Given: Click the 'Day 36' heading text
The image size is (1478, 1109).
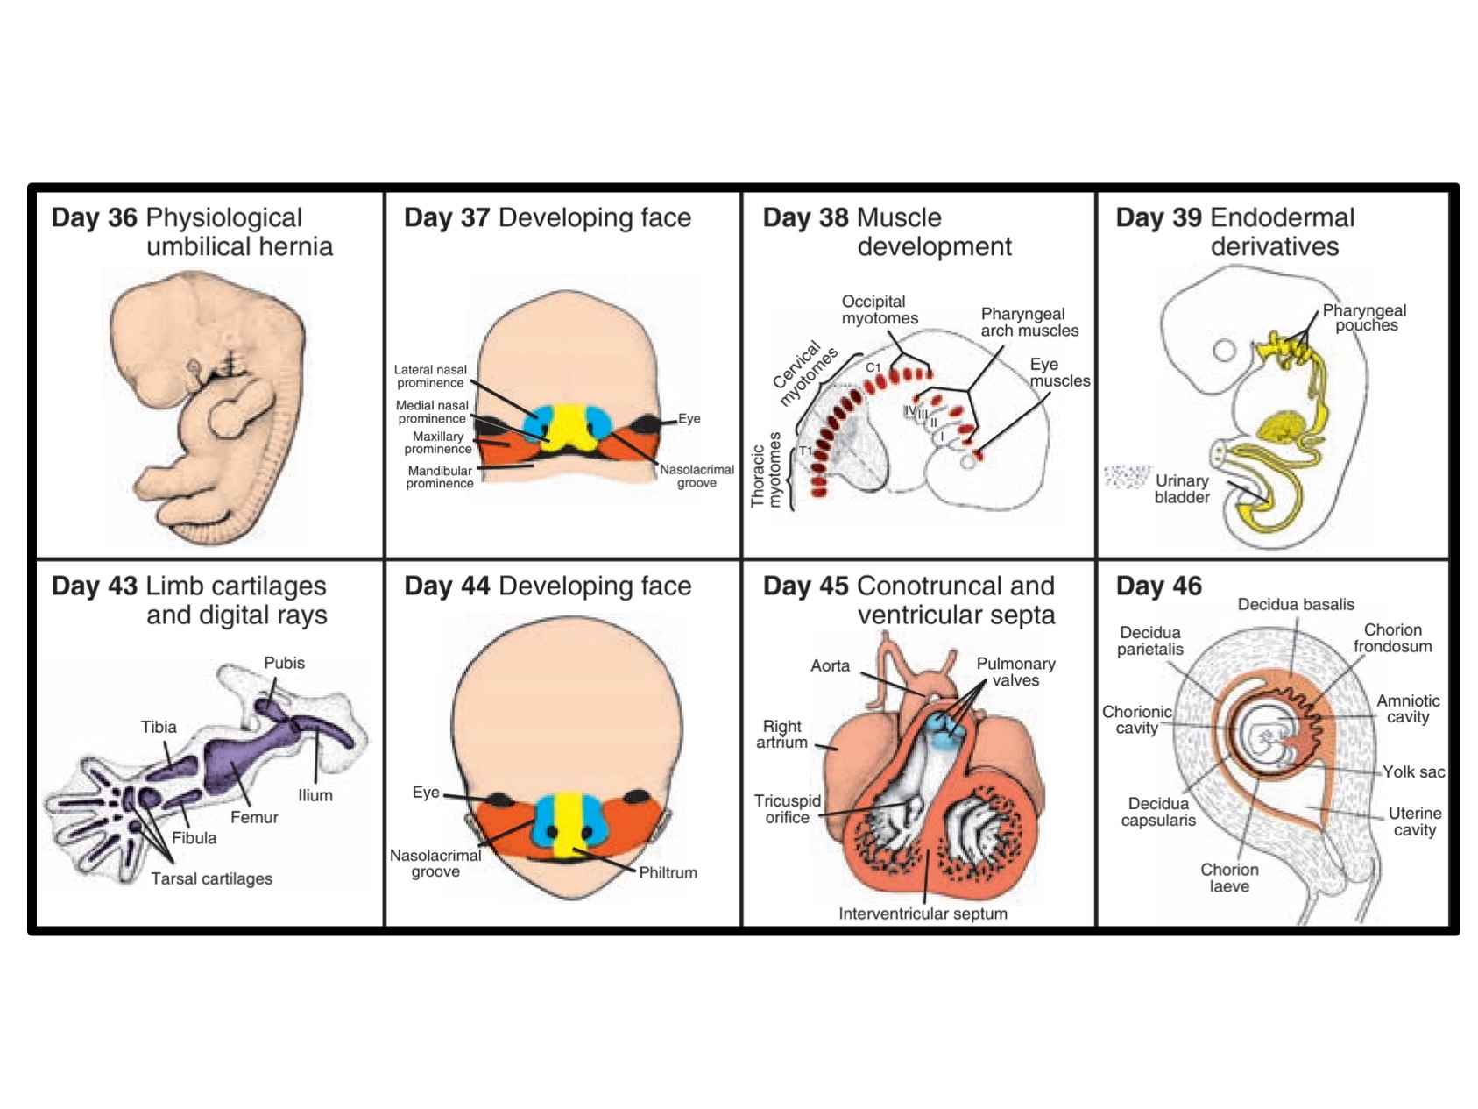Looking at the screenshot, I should (94, 217).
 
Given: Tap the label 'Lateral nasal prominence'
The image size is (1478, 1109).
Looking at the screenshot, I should (430, 376).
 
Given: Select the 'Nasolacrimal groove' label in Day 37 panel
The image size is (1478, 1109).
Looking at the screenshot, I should (697, 476).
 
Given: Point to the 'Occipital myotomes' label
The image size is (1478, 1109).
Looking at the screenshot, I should (880, 309).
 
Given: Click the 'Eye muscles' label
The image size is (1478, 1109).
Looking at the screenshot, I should (1059, 373).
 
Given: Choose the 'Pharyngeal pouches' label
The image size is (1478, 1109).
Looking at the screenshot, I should (1364, 317).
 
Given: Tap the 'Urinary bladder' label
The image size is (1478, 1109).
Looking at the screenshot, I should (1182, 489).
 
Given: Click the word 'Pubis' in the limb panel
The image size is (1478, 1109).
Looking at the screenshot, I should (284, 663).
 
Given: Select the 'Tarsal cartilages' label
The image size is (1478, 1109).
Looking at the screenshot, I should (211, 878).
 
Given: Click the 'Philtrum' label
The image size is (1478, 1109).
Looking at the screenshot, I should (668, 872).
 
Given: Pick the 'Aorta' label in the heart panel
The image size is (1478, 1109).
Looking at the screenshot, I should (830, 665).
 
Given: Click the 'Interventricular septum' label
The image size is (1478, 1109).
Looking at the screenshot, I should (923, 914).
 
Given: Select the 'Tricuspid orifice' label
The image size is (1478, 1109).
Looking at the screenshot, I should (787, 809).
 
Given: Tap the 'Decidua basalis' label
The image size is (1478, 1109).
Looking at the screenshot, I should (1295, 604).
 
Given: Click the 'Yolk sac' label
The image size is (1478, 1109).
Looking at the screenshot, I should (1413, 771).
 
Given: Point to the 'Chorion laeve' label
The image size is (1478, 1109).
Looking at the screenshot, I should (1229, 878).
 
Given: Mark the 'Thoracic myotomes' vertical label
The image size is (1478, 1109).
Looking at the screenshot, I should (766, 470).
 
